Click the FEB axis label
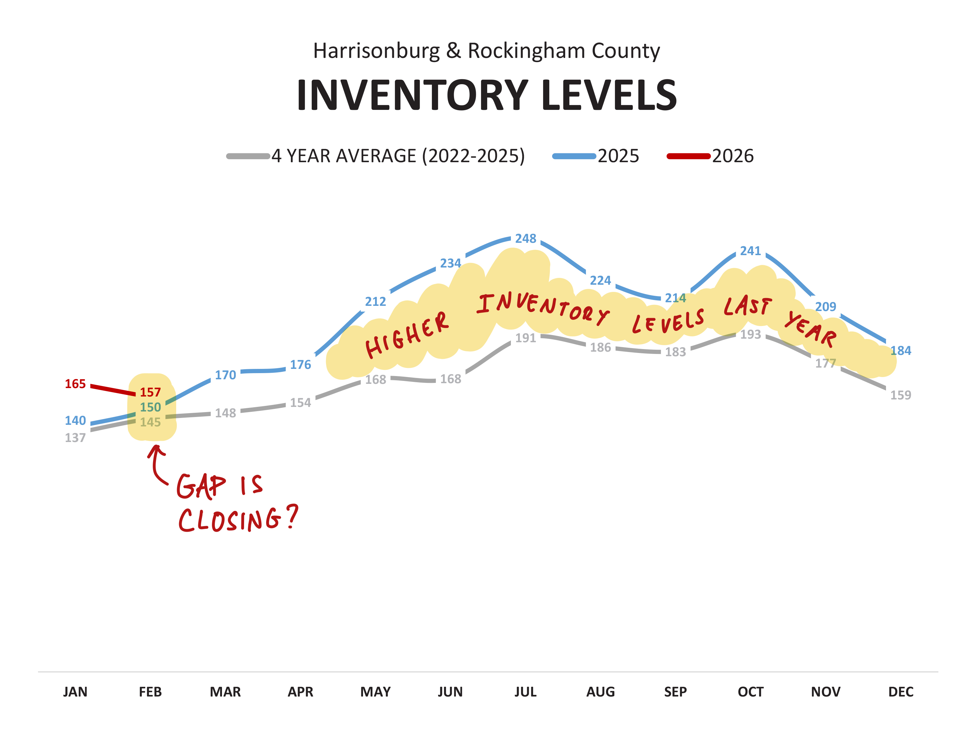(150, 692)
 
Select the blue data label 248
(526, 239)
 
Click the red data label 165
(75, 384)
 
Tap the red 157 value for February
(150, 392)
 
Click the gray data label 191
(526, 338)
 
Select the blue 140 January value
(75, 421)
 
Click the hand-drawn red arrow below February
(155, 464)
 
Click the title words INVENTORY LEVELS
(487, 95)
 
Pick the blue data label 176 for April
(300, 365)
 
